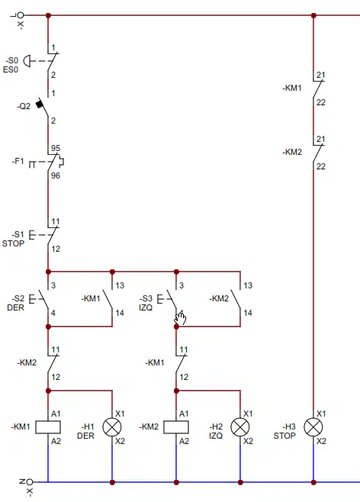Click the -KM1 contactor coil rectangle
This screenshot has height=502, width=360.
(48, 427)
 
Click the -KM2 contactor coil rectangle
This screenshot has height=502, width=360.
(176, 427)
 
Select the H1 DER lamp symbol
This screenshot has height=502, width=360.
(112, 427)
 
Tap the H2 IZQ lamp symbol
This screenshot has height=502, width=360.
(240, 427)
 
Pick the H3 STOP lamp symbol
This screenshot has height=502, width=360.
(313, 427)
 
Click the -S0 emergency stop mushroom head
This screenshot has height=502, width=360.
(27, 61)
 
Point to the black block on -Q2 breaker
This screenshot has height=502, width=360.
(40, 104)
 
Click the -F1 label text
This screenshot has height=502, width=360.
(18, 161)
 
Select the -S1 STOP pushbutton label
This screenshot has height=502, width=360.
(14, 239)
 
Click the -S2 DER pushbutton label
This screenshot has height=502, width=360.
(16, 303)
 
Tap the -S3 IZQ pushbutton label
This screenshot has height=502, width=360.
(146, 303)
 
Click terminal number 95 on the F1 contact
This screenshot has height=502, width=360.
(56, 148)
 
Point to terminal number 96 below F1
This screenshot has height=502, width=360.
(56, 175)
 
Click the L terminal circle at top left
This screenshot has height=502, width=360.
(21, 15)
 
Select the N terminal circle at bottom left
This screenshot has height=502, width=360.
(30, 482)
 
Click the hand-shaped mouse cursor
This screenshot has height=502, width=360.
(181, 318)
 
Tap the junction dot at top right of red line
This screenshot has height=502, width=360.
(313, 15)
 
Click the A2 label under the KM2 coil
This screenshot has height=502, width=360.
(184, 441)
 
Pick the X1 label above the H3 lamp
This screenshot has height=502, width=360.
(321, 414)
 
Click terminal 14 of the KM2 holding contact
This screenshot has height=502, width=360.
(248, 313)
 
